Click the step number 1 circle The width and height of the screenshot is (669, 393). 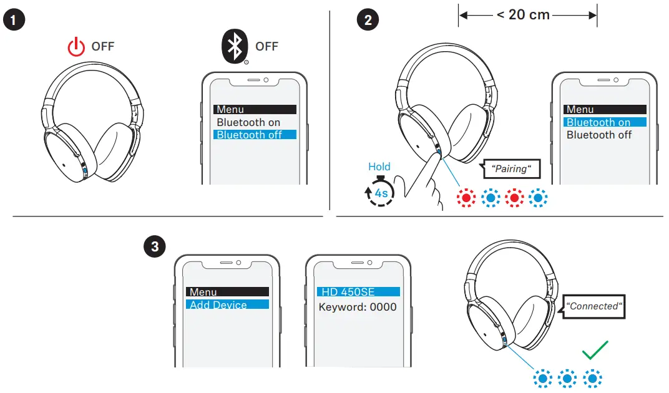coord(14,20)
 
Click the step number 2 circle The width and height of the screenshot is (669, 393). coord(367,20)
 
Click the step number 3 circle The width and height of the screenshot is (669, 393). coord(154,247)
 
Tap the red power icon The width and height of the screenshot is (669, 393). coord(76,47)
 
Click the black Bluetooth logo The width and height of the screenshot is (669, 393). coord(235,46)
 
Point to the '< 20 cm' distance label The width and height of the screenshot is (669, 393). coord(522,14)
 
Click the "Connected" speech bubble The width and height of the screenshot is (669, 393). coord(594,306)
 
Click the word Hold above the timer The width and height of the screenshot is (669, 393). coord(379,167)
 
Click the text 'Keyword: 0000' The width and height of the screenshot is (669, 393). coord(358,307)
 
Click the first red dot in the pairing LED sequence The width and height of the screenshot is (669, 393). coord(465,198)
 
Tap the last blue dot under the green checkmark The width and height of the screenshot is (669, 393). coord(592,378)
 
